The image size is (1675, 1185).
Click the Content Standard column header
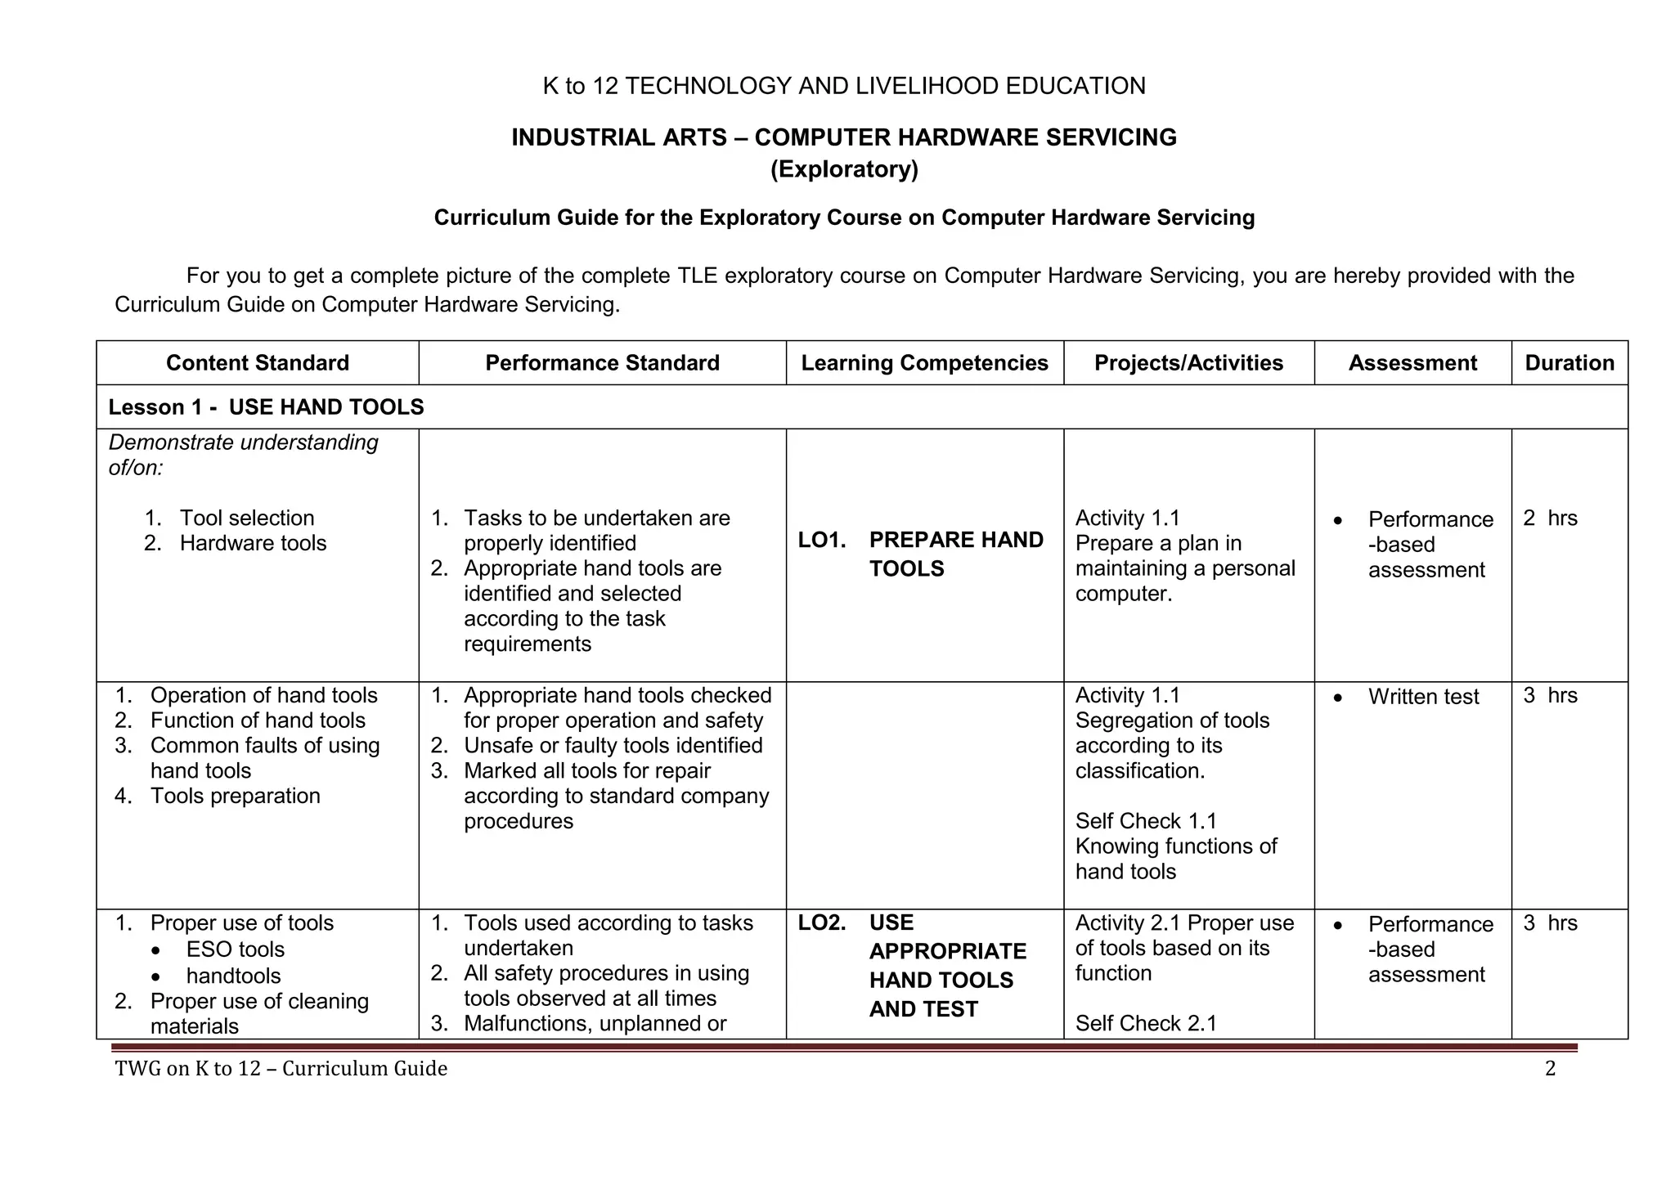[257, 363]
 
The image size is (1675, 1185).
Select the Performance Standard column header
[602, 363]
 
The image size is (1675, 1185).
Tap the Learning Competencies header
[924, 363]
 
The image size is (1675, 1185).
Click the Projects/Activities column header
[1188, 363]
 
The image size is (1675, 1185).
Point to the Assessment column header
[1412, 363]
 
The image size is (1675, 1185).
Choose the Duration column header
[1569, 363]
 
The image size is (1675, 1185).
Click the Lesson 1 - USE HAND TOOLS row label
[266, 407]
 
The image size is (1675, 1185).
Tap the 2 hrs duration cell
[1550, 518]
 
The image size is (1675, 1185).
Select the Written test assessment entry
[1423, 697]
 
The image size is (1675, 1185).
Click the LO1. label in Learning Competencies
[821, 540]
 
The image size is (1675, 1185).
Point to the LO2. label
[821, 922]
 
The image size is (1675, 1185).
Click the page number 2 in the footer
[1550, 1068]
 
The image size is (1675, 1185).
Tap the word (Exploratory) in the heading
[844, 169]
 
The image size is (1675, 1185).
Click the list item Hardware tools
[253, 543]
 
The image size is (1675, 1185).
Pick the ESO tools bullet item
[235, 949]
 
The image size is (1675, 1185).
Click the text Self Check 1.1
[1146, 821]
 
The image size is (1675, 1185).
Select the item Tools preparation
[235, 796]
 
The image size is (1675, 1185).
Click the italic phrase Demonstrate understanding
[243, 442]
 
